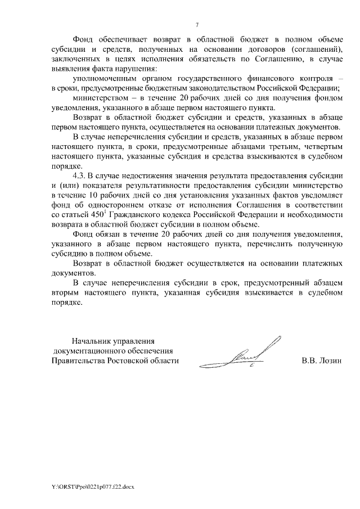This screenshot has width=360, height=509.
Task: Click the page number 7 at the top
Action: coord(197,25)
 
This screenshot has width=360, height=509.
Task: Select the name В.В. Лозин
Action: coord(322,361)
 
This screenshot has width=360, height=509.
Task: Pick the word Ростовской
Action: coord(138,361)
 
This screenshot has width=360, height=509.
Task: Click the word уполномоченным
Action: coord(108,78)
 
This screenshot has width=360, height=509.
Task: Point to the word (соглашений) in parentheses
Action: coord(316,48)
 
